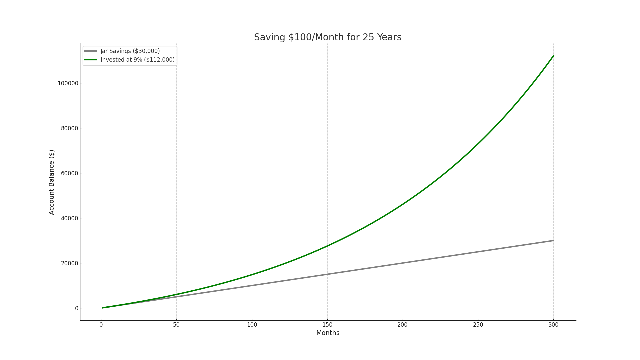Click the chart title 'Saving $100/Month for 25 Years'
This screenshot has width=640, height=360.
pyautogui.click(x=328, y=37)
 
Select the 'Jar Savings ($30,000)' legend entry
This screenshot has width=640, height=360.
pyautogui.click(x=130, y=51)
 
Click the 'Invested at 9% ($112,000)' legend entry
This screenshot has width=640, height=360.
pyautogui.click(x=137, y=60)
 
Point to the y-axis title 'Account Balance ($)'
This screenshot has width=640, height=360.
pyautogui.click(x=52, y=182)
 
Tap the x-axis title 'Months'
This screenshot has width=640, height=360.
pyautogui.click(x=328, y=333)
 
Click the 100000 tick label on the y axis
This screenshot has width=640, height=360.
pyautogui.click(x=68, y=83)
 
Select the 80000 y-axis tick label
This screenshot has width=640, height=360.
pyautogui.click(x=69, y=128)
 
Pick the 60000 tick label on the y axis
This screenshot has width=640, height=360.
pyautogui.click(x=69, y=173)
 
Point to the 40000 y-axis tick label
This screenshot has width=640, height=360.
pyautogui.click(x=69, y=218)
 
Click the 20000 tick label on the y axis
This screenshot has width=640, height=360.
pyautogui.click(x=69, y=263)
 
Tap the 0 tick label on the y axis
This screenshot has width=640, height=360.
pyautogui.click(x=77, y=308)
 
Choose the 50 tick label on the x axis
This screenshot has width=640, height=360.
pyautogui.click(x=176, y=325)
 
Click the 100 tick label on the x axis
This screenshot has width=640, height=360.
pyautogui.click(x=252, y=325)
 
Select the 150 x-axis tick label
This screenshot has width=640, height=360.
pyautogui.click(x=327, y=325)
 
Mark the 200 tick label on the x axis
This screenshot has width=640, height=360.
pyautogui.click(x=403, y=325)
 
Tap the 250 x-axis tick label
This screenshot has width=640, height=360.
pyautogui.click(x=478, y=325)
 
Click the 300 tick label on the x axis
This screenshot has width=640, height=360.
pyautogui.click(x=553, y=325)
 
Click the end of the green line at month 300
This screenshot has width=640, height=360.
pyautogui.click(x=553, y=56)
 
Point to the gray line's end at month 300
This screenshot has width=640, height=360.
pyautogui.click(x=553, y=240)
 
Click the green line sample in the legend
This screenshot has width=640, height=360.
pyautogui.click(x=90, y=60)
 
